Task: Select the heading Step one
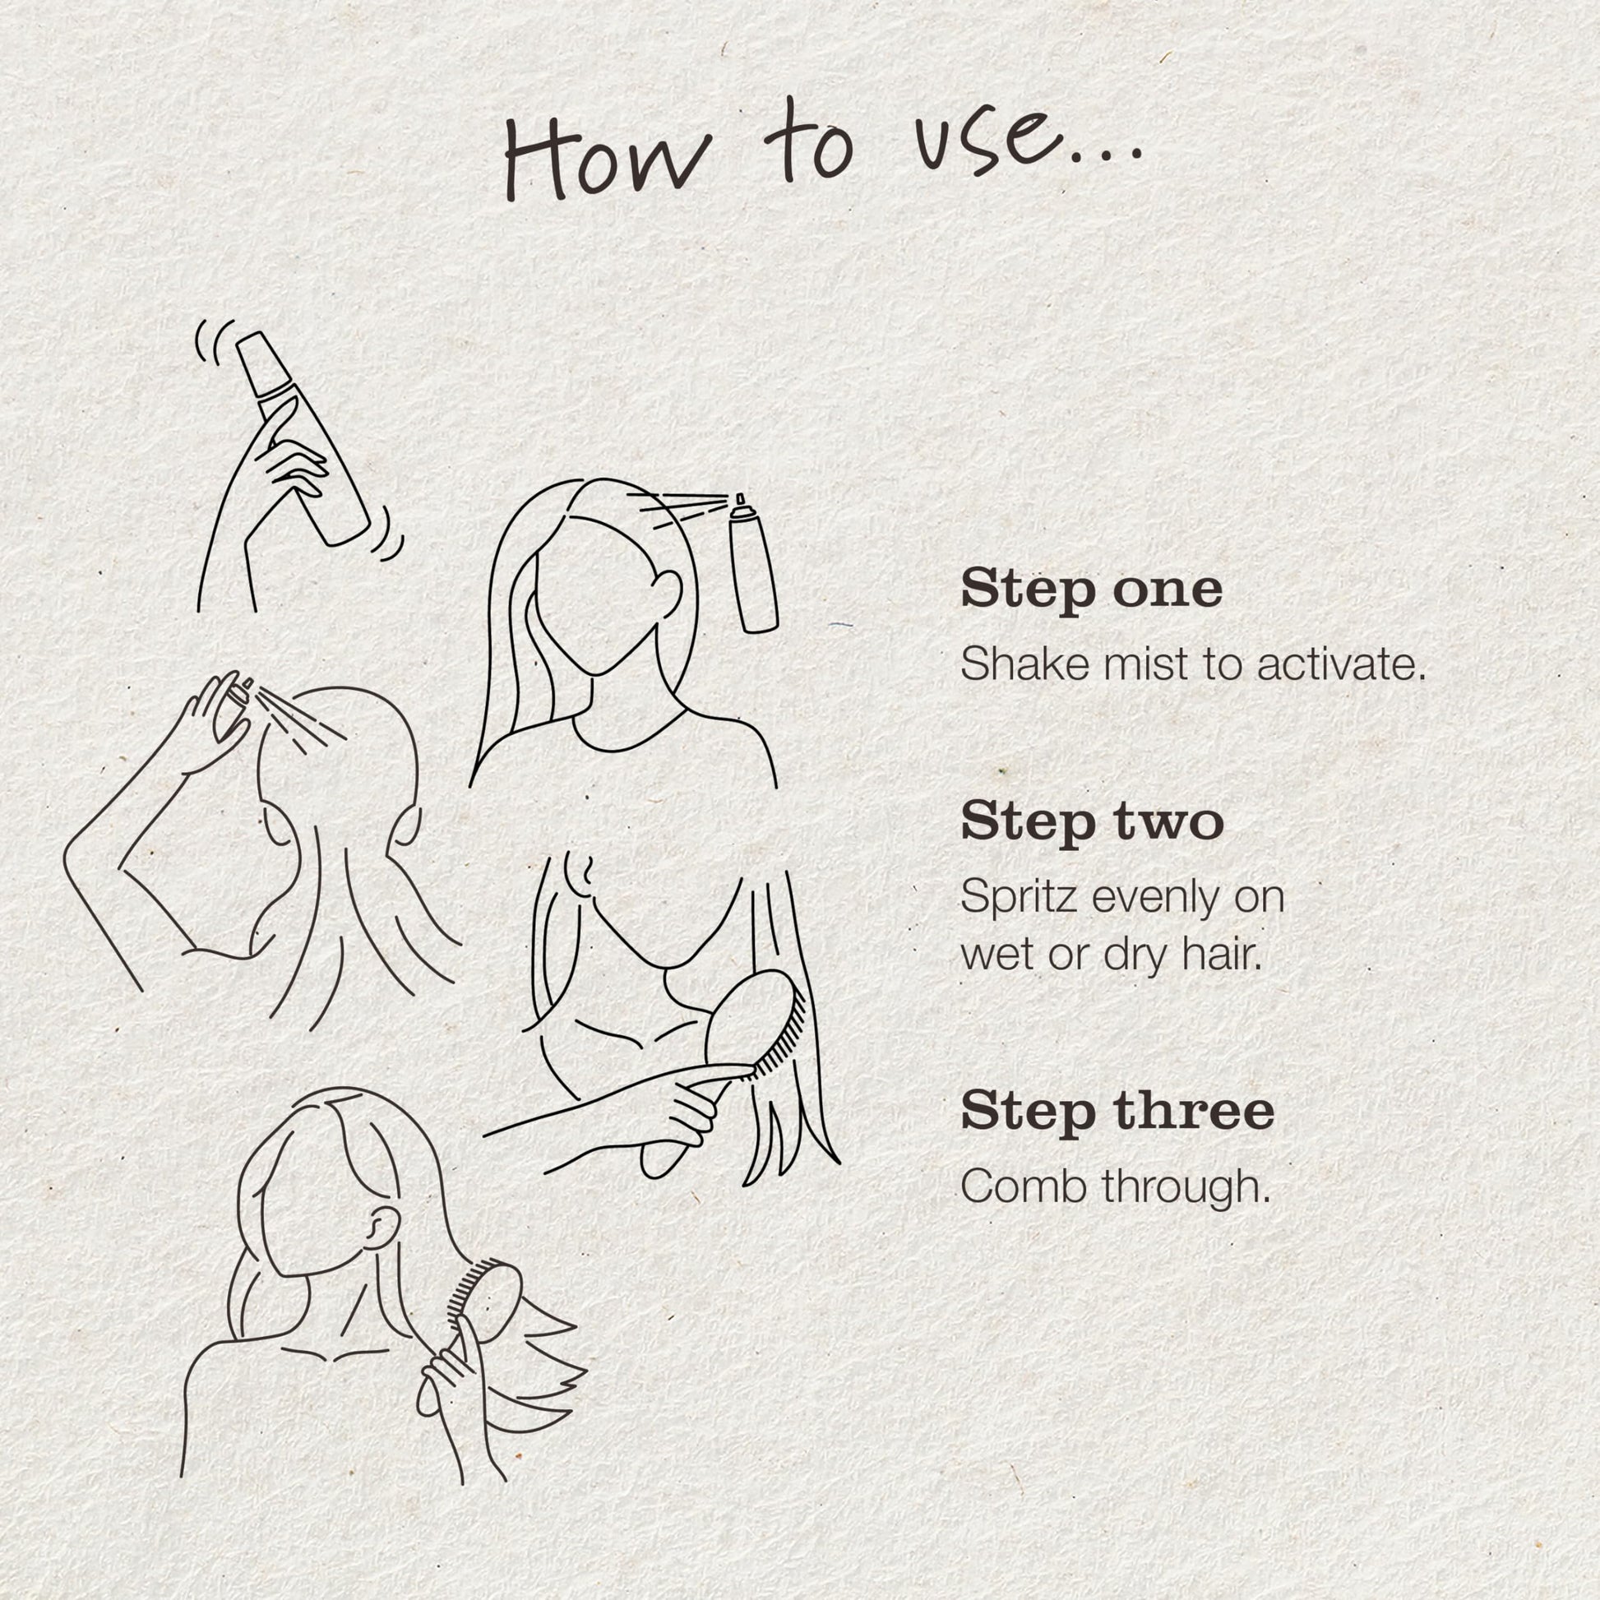[x=1092, y=590]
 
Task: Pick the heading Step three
[x=1117, y=1112]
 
